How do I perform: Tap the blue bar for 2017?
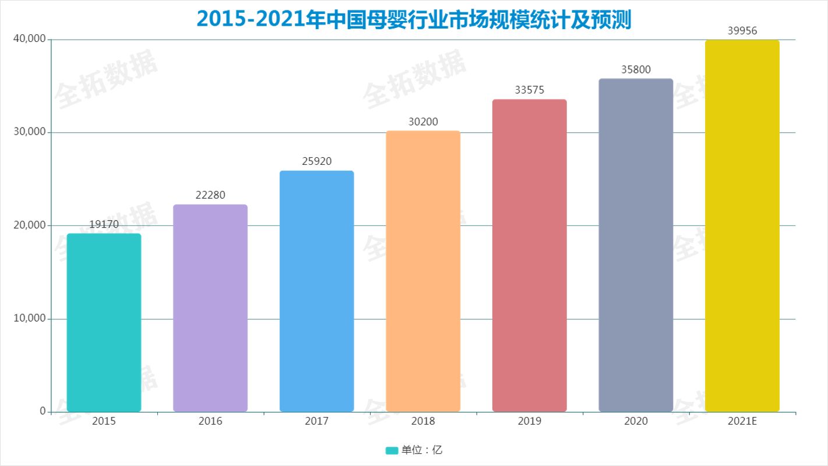[316, 291]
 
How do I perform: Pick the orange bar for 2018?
[423, 271]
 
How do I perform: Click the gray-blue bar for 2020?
[636, 245]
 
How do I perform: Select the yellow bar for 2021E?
[742, 225]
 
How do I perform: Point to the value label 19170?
[104, 224]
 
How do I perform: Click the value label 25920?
[316, 161]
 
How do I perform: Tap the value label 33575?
[529, 90]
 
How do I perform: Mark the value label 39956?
[742, 31]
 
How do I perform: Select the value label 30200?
[423, 122]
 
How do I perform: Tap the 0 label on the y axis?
[43, 411]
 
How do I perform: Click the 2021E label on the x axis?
[742, 421]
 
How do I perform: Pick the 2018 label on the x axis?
[423, 421]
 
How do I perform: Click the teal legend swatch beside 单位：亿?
[392, 450]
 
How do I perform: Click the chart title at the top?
[414, 19]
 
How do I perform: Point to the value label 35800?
[636, 69]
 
